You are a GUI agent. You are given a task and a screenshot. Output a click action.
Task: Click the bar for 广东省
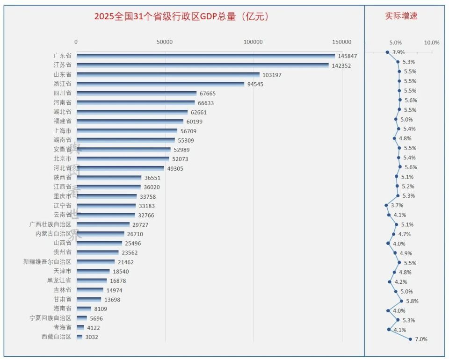(206, 56)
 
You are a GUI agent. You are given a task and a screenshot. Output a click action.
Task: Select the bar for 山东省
(168, 74)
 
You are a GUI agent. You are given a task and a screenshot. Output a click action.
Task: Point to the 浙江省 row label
(62, 84)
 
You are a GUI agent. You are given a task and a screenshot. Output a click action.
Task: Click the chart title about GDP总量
(181, 17)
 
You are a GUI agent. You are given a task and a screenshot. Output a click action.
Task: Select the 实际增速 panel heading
(401, 16)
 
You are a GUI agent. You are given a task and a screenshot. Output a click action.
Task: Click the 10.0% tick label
(431, 43)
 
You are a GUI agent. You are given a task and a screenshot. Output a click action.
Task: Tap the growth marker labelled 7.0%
(410, 339)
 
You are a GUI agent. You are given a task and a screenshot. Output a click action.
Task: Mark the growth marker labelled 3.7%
(386, 205)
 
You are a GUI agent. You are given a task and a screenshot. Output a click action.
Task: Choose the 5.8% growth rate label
(412, 301)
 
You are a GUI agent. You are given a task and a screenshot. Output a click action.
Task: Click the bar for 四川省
(137, 93)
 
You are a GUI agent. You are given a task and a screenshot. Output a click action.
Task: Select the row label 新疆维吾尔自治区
(47, 262)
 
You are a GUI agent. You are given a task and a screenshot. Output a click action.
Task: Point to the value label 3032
(92, 337)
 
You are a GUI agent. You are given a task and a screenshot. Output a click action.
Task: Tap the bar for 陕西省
(109, 178)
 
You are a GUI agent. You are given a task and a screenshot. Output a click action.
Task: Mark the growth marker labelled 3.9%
(387, 52)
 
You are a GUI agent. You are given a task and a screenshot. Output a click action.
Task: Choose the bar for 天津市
(93, 271)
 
